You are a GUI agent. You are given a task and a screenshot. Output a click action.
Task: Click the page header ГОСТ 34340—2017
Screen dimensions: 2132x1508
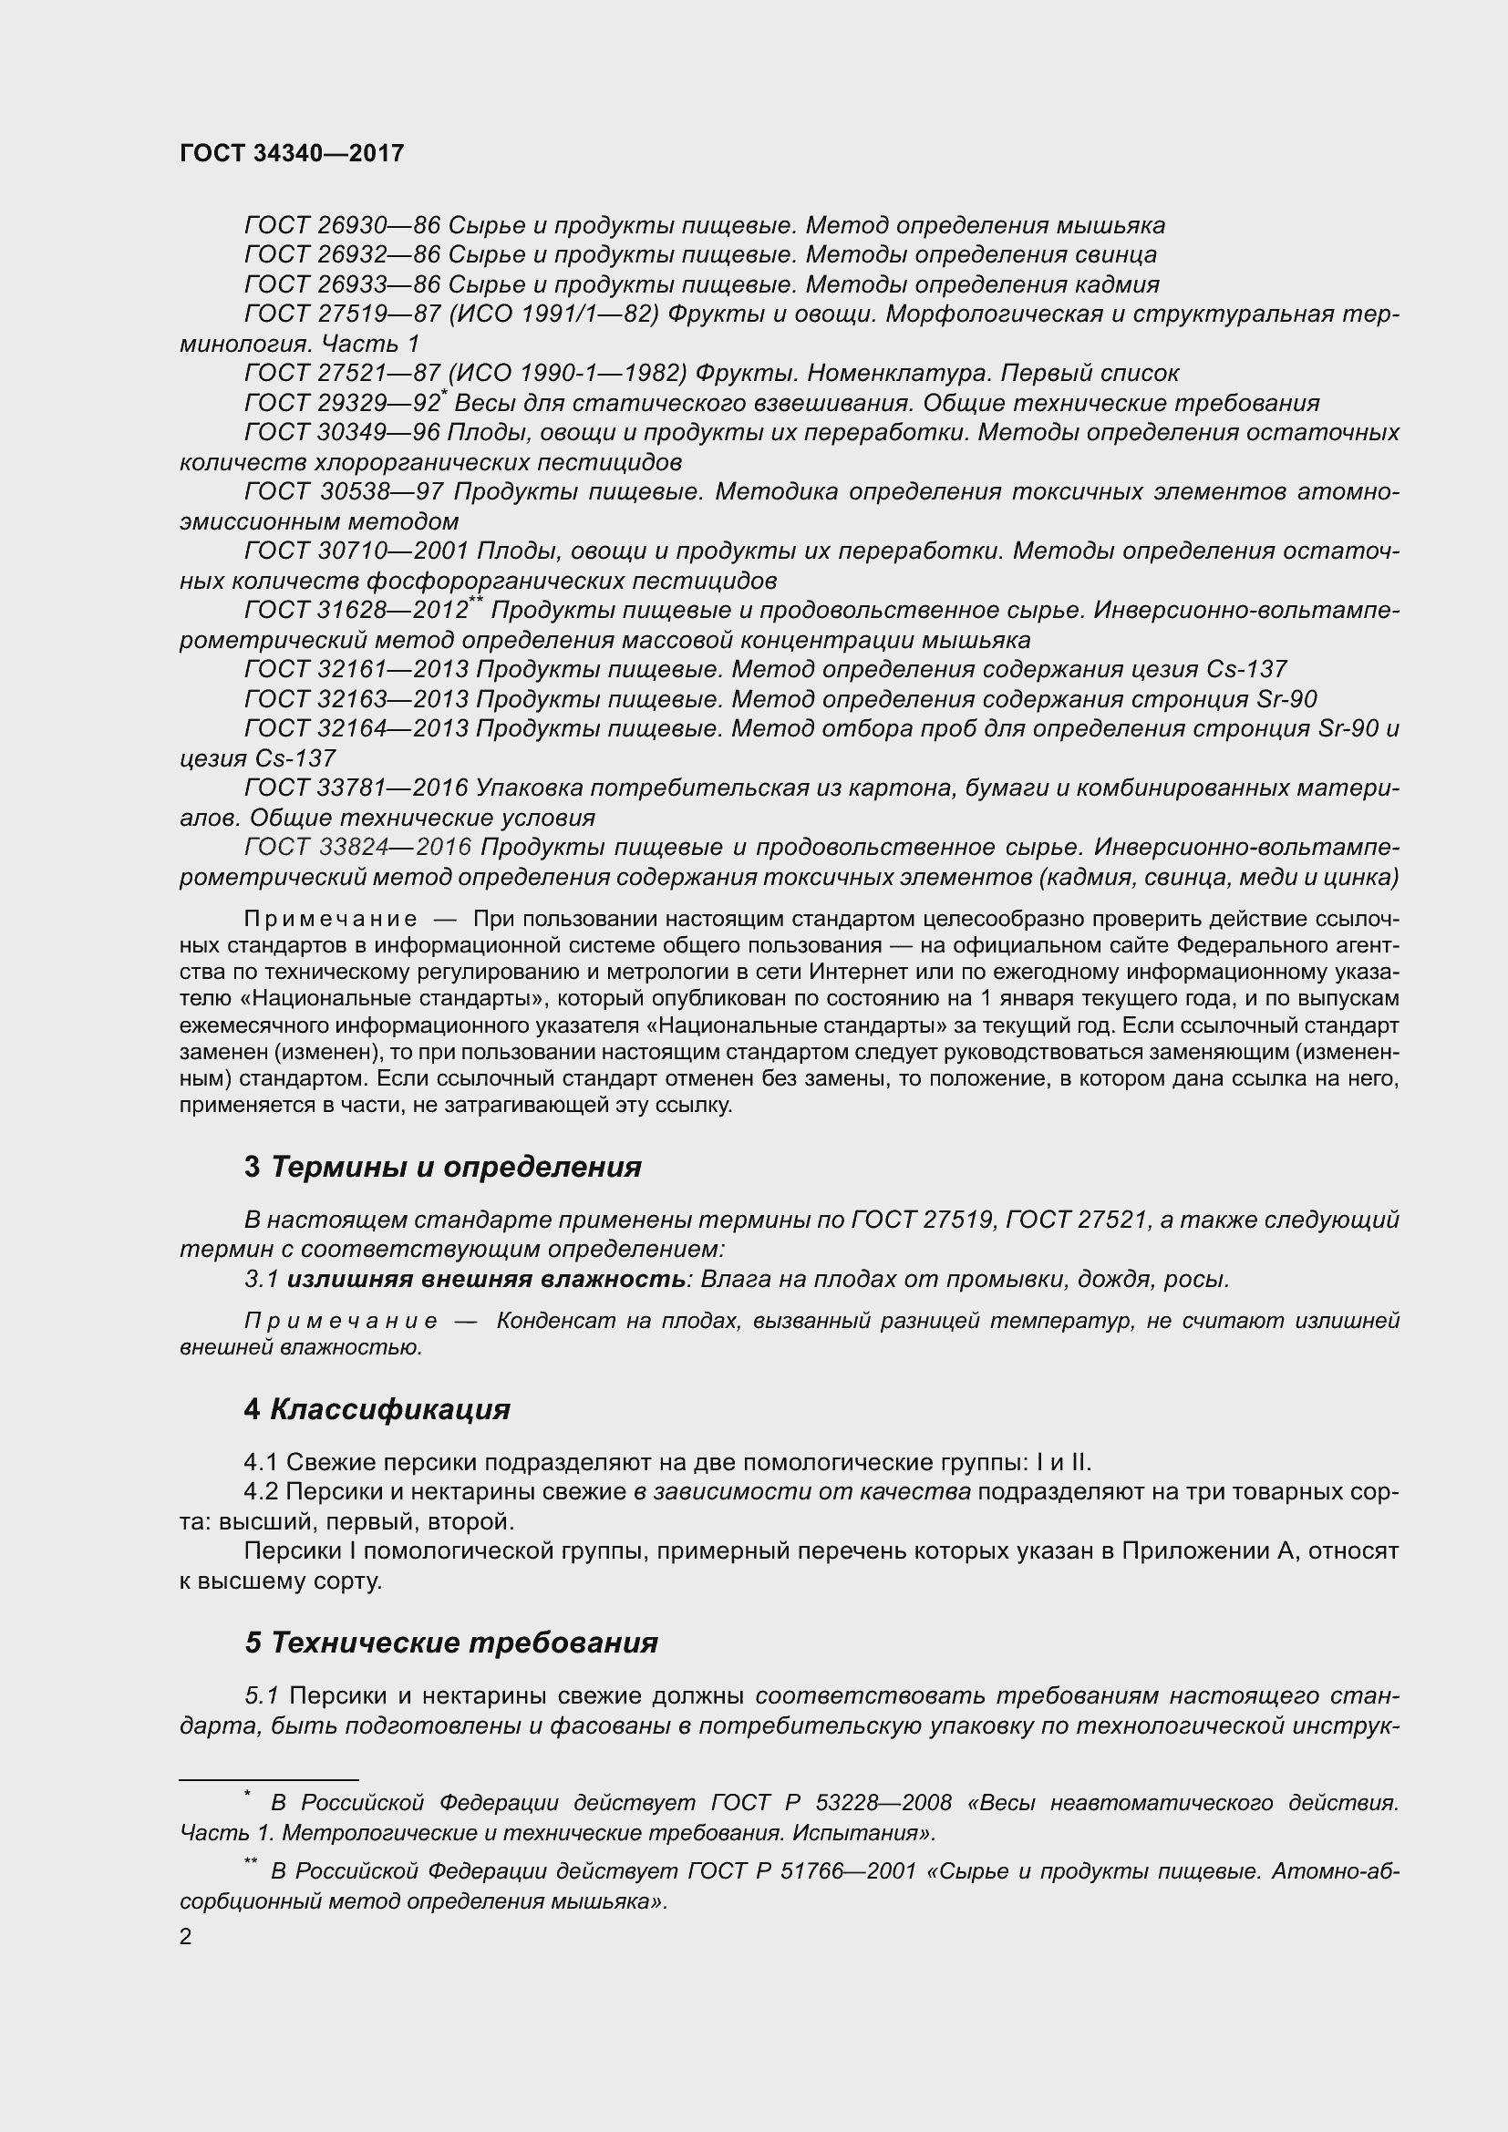coord(292,153)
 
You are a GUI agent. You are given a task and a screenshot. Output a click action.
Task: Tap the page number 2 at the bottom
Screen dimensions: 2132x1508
coord(186,1936)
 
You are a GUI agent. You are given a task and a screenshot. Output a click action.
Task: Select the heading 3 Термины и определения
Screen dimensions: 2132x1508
coord(442,1167)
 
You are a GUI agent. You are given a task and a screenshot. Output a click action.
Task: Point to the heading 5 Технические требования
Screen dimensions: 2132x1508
coord(450,1643)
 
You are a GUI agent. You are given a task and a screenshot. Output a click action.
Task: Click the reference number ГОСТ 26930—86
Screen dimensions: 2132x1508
coord(341,226)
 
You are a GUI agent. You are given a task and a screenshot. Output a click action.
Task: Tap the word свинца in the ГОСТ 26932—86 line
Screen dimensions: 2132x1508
coord(1117,255)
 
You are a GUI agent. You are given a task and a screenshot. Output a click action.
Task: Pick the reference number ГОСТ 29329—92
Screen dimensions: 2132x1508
coord(341,403)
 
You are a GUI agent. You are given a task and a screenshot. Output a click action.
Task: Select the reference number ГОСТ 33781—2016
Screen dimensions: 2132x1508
coord(356,788)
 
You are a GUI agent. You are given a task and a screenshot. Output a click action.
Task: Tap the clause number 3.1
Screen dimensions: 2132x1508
coord(261,1280)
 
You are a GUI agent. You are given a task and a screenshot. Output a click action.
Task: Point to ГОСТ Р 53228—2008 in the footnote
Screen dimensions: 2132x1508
coord(831,1803)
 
